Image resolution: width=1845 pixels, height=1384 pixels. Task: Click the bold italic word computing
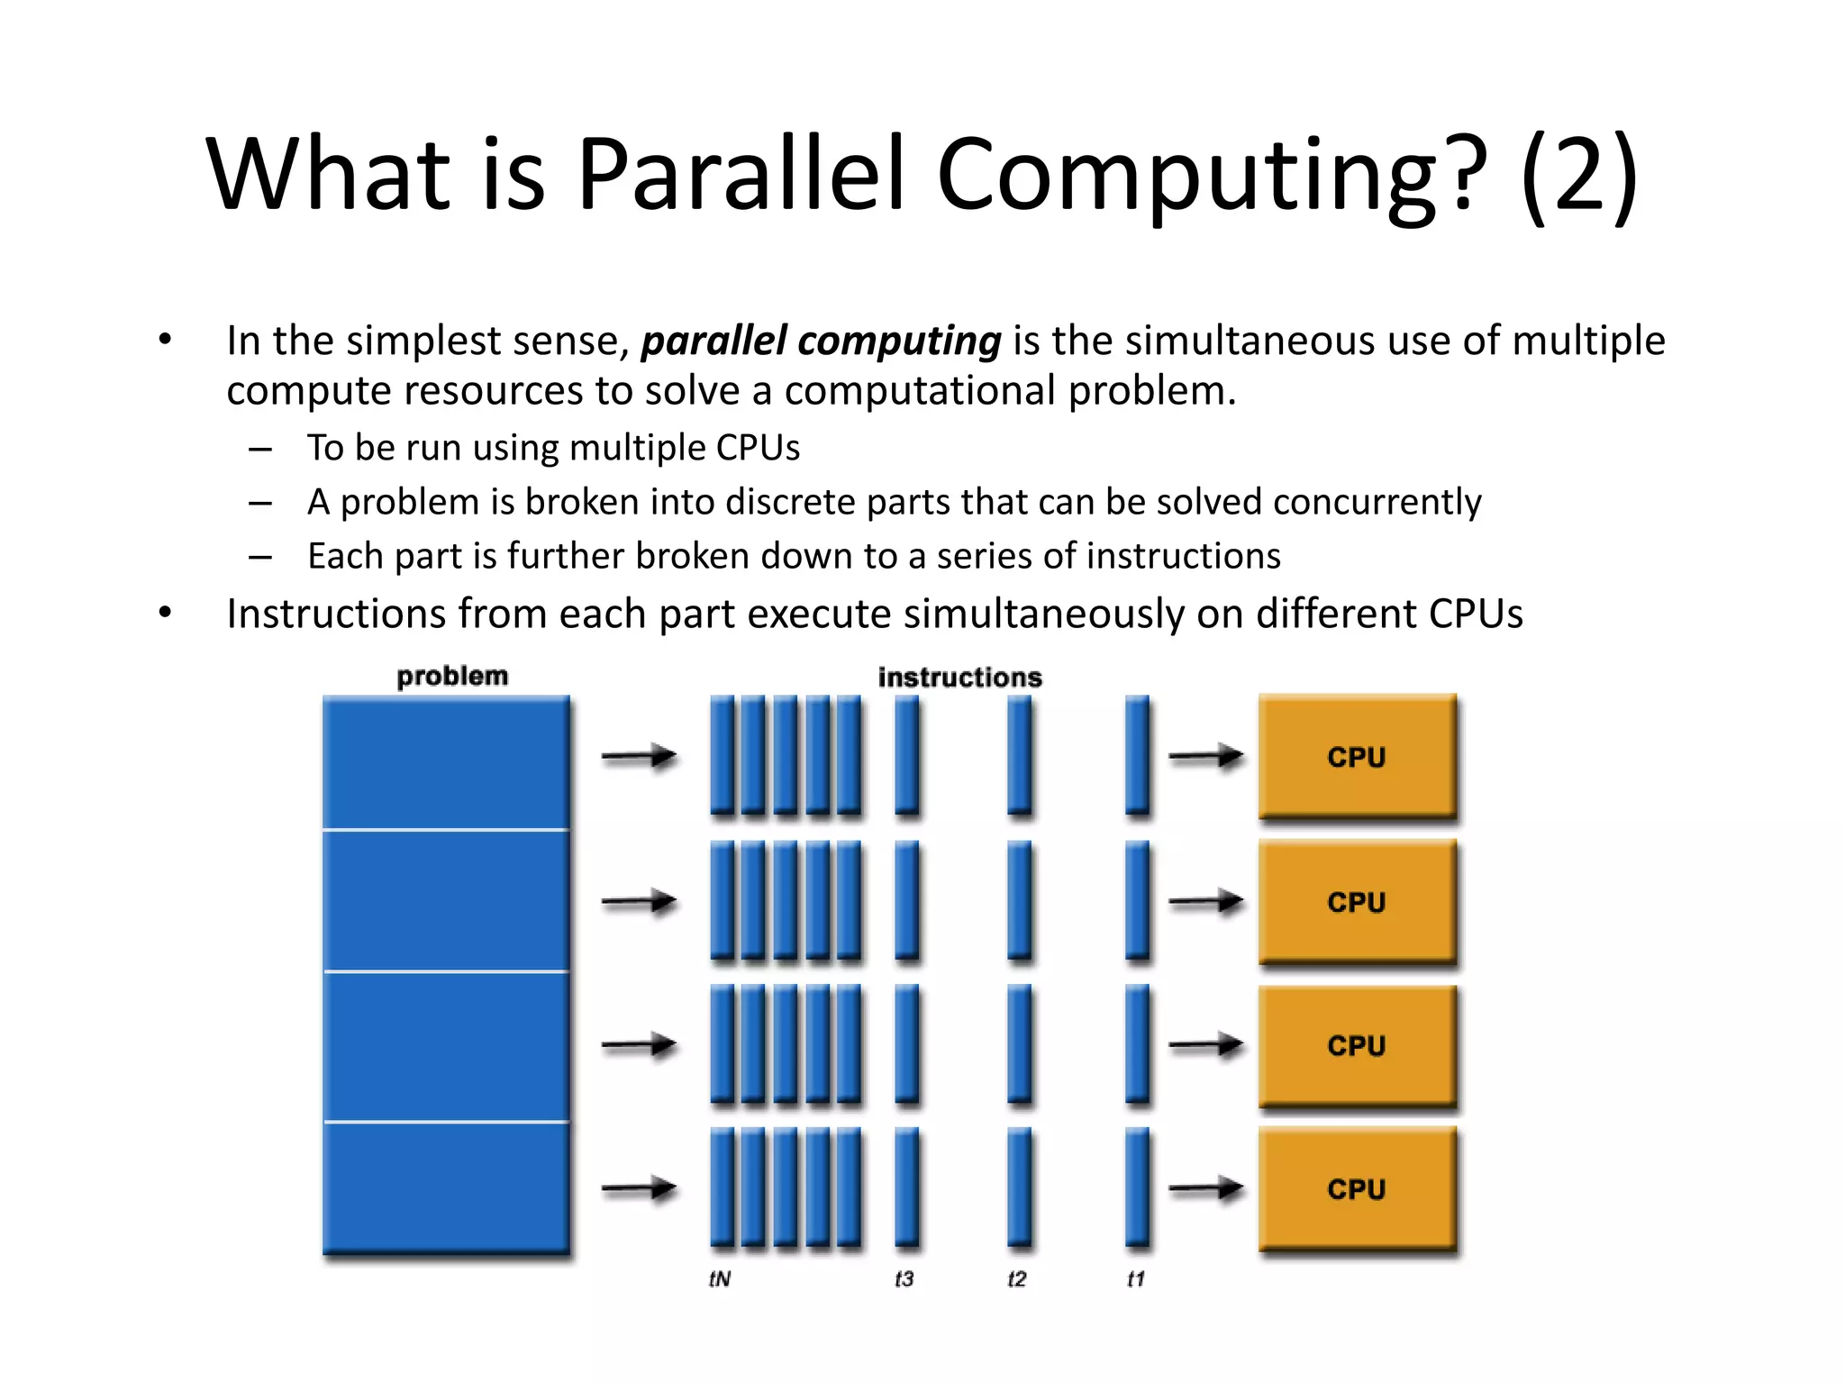coord(899,341)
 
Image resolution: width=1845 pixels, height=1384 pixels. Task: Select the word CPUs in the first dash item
coord(758,448)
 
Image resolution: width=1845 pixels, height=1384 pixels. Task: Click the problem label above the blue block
coord(452,676)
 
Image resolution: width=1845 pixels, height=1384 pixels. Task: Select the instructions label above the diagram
coord(959,678)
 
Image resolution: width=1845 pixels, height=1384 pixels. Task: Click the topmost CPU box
coord(1357,757)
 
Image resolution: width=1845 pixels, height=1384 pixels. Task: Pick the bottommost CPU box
coord(1357,1188)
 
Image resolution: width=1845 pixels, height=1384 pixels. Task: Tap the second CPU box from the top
coord(1357,901)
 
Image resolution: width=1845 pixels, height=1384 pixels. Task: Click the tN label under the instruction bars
coord(720,1279)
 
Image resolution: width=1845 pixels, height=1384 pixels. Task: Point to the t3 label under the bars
coord(904,1279)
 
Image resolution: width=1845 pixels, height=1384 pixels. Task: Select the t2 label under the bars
coord(1017,1279)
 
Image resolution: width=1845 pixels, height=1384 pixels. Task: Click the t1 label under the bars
coord(1136,1279)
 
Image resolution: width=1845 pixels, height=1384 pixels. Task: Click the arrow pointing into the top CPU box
coord(1205,757)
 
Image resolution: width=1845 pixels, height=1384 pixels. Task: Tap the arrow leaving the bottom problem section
coord(639,1188)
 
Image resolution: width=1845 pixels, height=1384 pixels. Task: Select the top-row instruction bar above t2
coord(1019,755)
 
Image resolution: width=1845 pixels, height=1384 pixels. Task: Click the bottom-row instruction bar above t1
coord(1138,1187)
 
